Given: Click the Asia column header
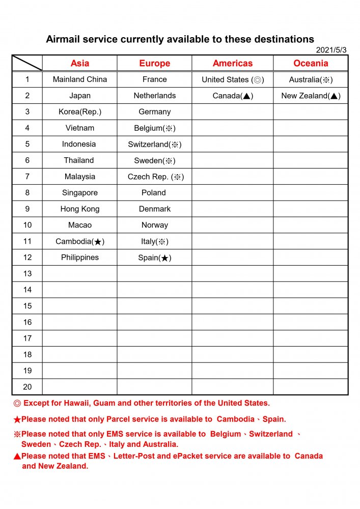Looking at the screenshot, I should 80,64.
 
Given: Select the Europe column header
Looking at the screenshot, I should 155,64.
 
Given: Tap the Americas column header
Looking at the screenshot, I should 233,64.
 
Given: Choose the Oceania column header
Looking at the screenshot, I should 311,64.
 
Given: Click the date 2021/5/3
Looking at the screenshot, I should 331,50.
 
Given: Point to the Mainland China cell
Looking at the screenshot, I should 80,79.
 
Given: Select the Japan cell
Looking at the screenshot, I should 80,96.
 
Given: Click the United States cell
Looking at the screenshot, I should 233,79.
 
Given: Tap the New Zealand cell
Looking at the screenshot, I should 311,96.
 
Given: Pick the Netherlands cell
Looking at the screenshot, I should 155,96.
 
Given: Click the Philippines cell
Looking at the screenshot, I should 80,258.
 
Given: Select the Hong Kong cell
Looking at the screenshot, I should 80,209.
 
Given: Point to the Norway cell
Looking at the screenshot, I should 155,225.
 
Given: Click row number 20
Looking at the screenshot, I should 27,387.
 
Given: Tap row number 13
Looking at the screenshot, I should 27,273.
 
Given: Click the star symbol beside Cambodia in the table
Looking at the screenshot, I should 98,242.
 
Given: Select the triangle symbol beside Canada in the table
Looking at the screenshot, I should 246,96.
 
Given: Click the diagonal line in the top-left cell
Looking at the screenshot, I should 27,63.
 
